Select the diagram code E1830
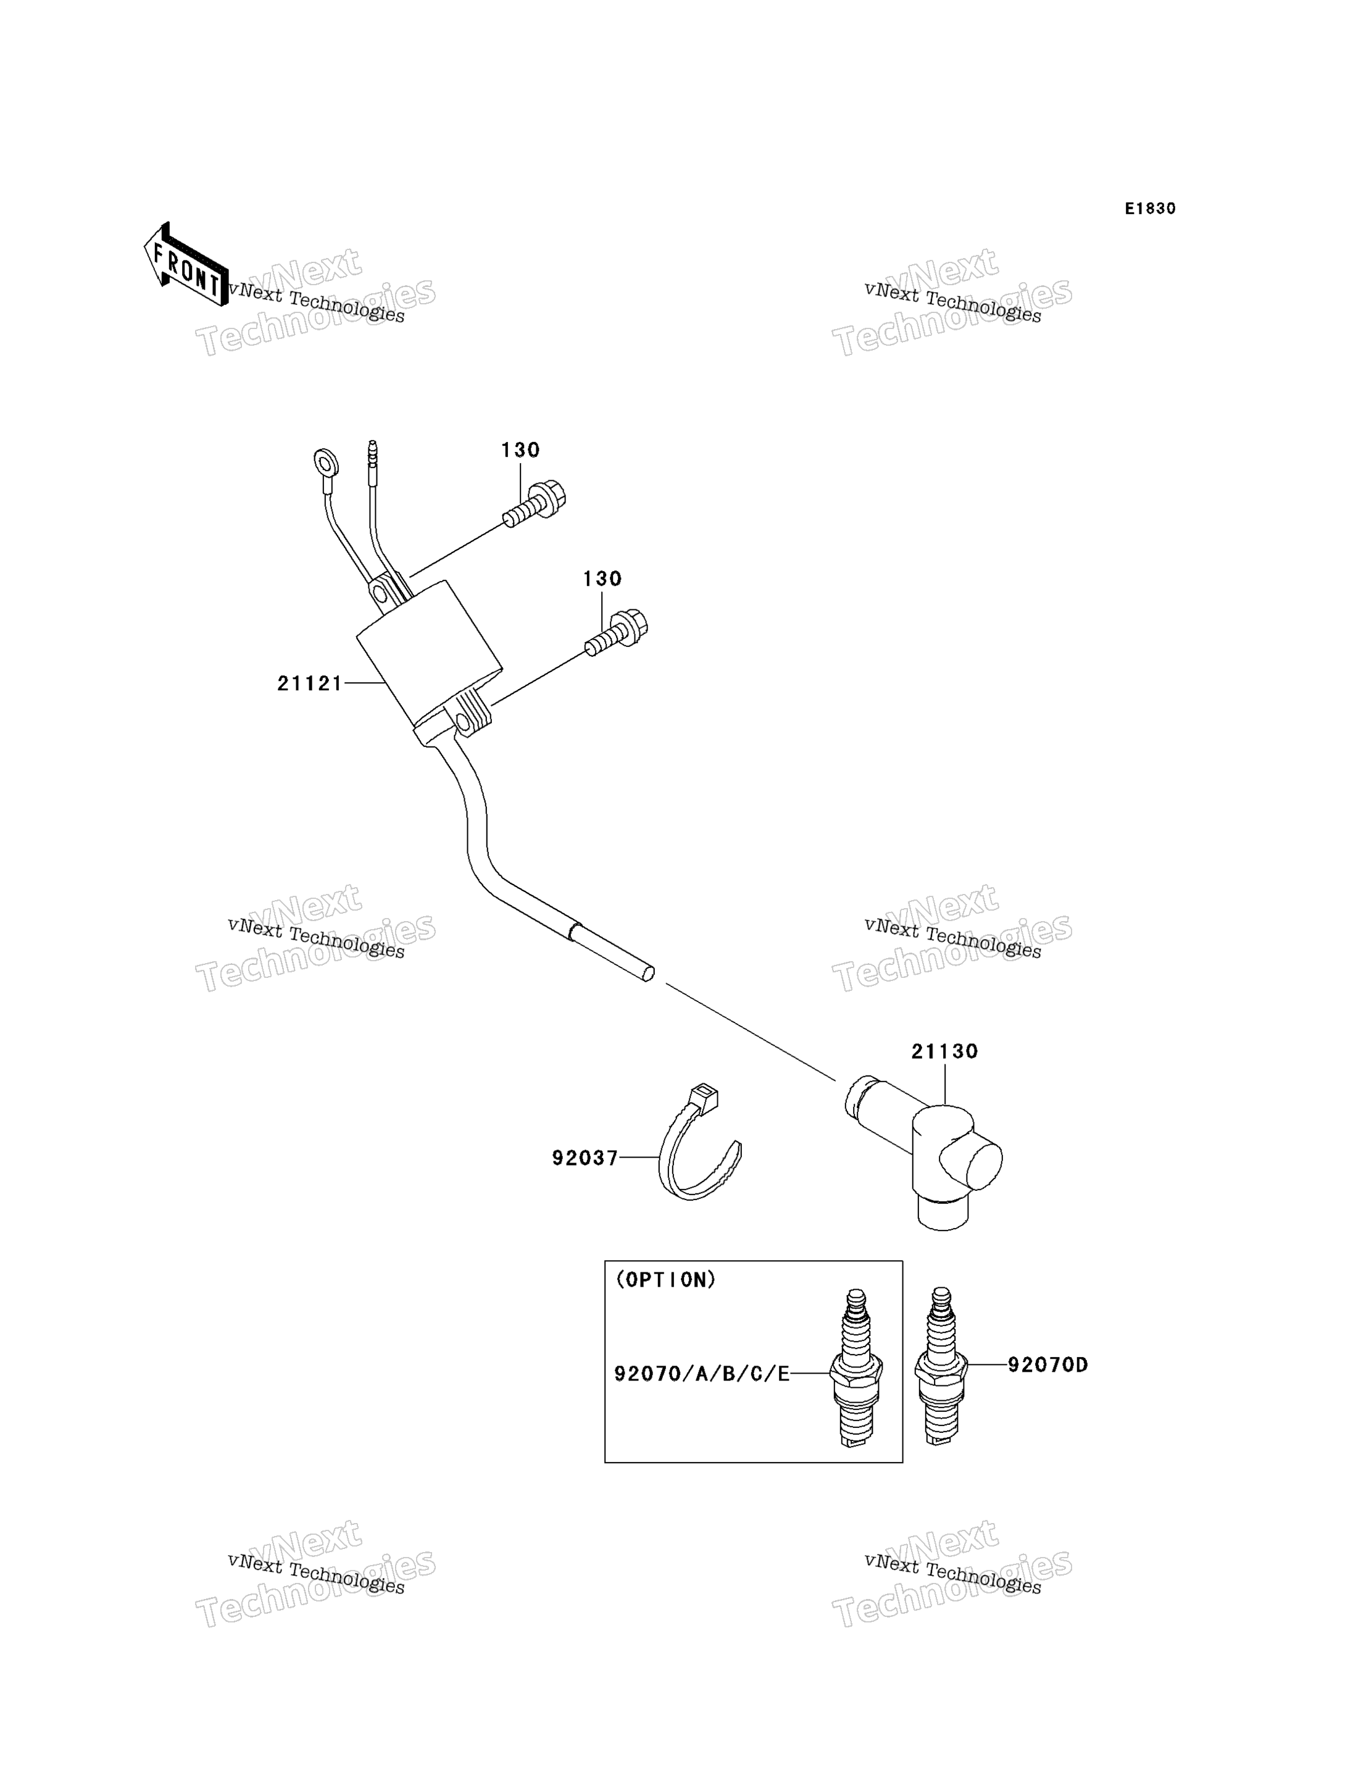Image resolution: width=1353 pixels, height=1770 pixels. (1150, 209)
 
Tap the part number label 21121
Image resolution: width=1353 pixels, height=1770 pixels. (310, 683)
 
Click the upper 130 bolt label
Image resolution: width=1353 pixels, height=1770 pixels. (520, 449)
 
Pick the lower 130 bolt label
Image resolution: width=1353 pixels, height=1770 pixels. (602, 578)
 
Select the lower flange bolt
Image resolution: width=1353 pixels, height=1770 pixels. (616, 632)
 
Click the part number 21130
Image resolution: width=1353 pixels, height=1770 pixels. (944, 1051)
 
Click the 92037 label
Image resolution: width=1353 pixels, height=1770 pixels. (585, 1158)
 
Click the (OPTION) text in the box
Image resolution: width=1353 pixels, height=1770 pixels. (665, 1280)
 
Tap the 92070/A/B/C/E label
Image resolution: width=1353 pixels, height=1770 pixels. (701, 1374)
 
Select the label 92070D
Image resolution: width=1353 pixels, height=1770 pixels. (1047, 1365)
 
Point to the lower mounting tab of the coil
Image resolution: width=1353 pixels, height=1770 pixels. (471, 713)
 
